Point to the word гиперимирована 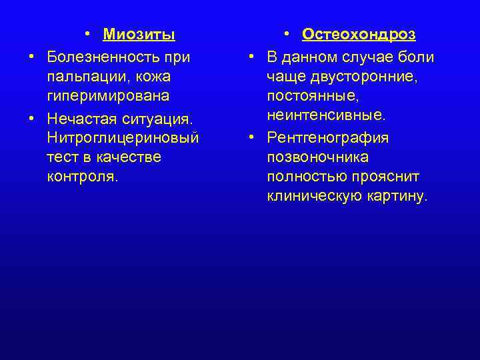(107, 97)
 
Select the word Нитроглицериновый (123, 137)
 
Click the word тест (62, 157)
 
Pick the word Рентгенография (327, 137)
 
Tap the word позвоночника (317, 157)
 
